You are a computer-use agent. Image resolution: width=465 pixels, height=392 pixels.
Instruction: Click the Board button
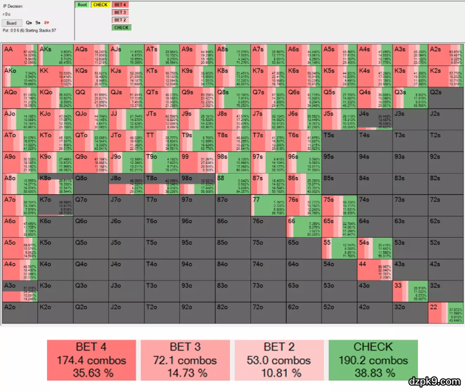(x=11, y=23)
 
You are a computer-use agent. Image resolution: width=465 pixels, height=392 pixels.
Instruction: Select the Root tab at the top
(x=82, y=5)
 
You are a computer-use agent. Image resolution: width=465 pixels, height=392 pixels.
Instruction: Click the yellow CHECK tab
(x=100, y=5)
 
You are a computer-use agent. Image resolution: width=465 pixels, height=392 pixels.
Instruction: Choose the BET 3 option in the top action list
(x=119, y=12)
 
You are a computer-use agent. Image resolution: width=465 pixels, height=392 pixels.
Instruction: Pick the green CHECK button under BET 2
(x=121, y=28)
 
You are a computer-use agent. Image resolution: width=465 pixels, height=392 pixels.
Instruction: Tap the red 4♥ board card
(x=46, y=23)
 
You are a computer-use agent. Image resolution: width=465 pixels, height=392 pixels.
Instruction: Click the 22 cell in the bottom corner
(x=446, y=313)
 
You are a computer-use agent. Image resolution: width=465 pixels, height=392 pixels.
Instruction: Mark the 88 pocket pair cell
(x=233, y=184)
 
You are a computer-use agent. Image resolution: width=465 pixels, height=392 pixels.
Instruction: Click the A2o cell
(x=20, y=313)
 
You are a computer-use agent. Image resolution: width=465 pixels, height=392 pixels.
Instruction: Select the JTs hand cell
(x=162, y=119)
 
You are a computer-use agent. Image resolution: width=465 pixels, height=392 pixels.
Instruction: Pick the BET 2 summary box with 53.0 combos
(x=279, y=359)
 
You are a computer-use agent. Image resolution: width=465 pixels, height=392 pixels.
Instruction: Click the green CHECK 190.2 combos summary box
(x=373, y=359)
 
